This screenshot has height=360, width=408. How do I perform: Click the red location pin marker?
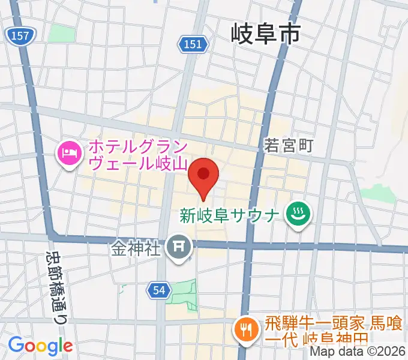203,175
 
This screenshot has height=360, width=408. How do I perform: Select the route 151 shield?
193,44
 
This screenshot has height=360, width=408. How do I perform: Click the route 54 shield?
157,290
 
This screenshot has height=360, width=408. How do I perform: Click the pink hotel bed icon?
68,155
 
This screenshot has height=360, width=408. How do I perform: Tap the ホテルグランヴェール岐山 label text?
138,154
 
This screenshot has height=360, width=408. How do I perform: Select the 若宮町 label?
289,145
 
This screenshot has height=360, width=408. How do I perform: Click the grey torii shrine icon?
178,247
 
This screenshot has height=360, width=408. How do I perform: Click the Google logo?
40,346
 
